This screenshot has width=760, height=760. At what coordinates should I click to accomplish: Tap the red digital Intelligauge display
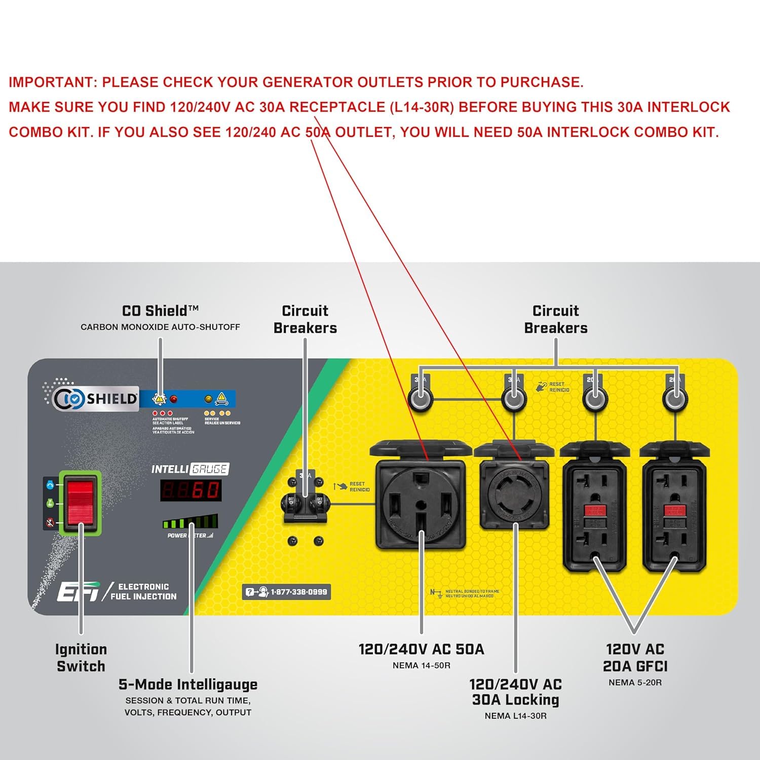point(191,490)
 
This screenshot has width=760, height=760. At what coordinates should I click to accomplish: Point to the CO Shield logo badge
point(96,398)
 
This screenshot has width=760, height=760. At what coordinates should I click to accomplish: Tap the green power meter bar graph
point(190,522)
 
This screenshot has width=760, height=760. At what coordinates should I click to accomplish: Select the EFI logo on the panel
point(78,591)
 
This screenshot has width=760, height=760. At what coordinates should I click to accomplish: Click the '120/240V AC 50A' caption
point(421,649)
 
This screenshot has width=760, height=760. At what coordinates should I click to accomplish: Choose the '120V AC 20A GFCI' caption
point(635,658)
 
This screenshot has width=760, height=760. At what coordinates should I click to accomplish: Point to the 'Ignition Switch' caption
point(81,658)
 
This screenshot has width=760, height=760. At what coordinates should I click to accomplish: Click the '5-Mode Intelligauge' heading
point(188,685)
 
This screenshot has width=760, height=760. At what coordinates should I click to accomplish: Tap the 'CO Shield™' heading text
point(160,311)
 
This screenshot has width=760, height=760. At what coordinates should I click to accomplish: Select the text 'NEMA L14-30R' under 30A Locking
point(515,716)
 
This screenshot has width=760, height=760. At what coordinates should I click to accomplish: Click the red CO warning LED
point(173,399)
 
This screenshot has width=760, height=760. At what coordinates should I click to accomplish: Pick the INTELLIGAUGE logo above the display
point(190,469)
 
